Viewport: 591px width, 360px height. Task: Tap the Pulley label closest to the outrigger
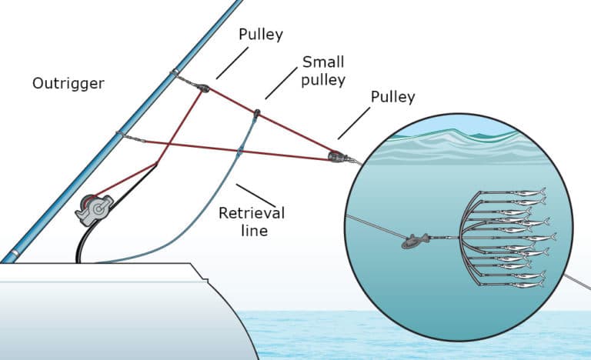pos(261,35)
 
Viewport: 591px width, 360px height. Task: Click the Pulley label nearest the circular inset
pos(392,97)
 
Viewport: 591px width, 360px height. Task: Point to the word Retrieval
pos(251,213)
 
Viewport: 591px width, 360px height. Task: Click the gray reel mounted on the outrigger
pos(93,208)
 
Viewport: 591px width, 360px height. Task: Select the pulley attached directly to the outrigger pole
pos(202,88)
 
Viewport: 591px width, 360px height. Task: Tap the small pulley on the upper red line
pos(256,115)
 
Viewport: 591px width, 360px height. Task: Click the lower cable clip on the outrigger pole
pos(119,135)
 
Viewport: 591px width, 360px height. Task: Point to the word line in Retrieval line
pos(251,230)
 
